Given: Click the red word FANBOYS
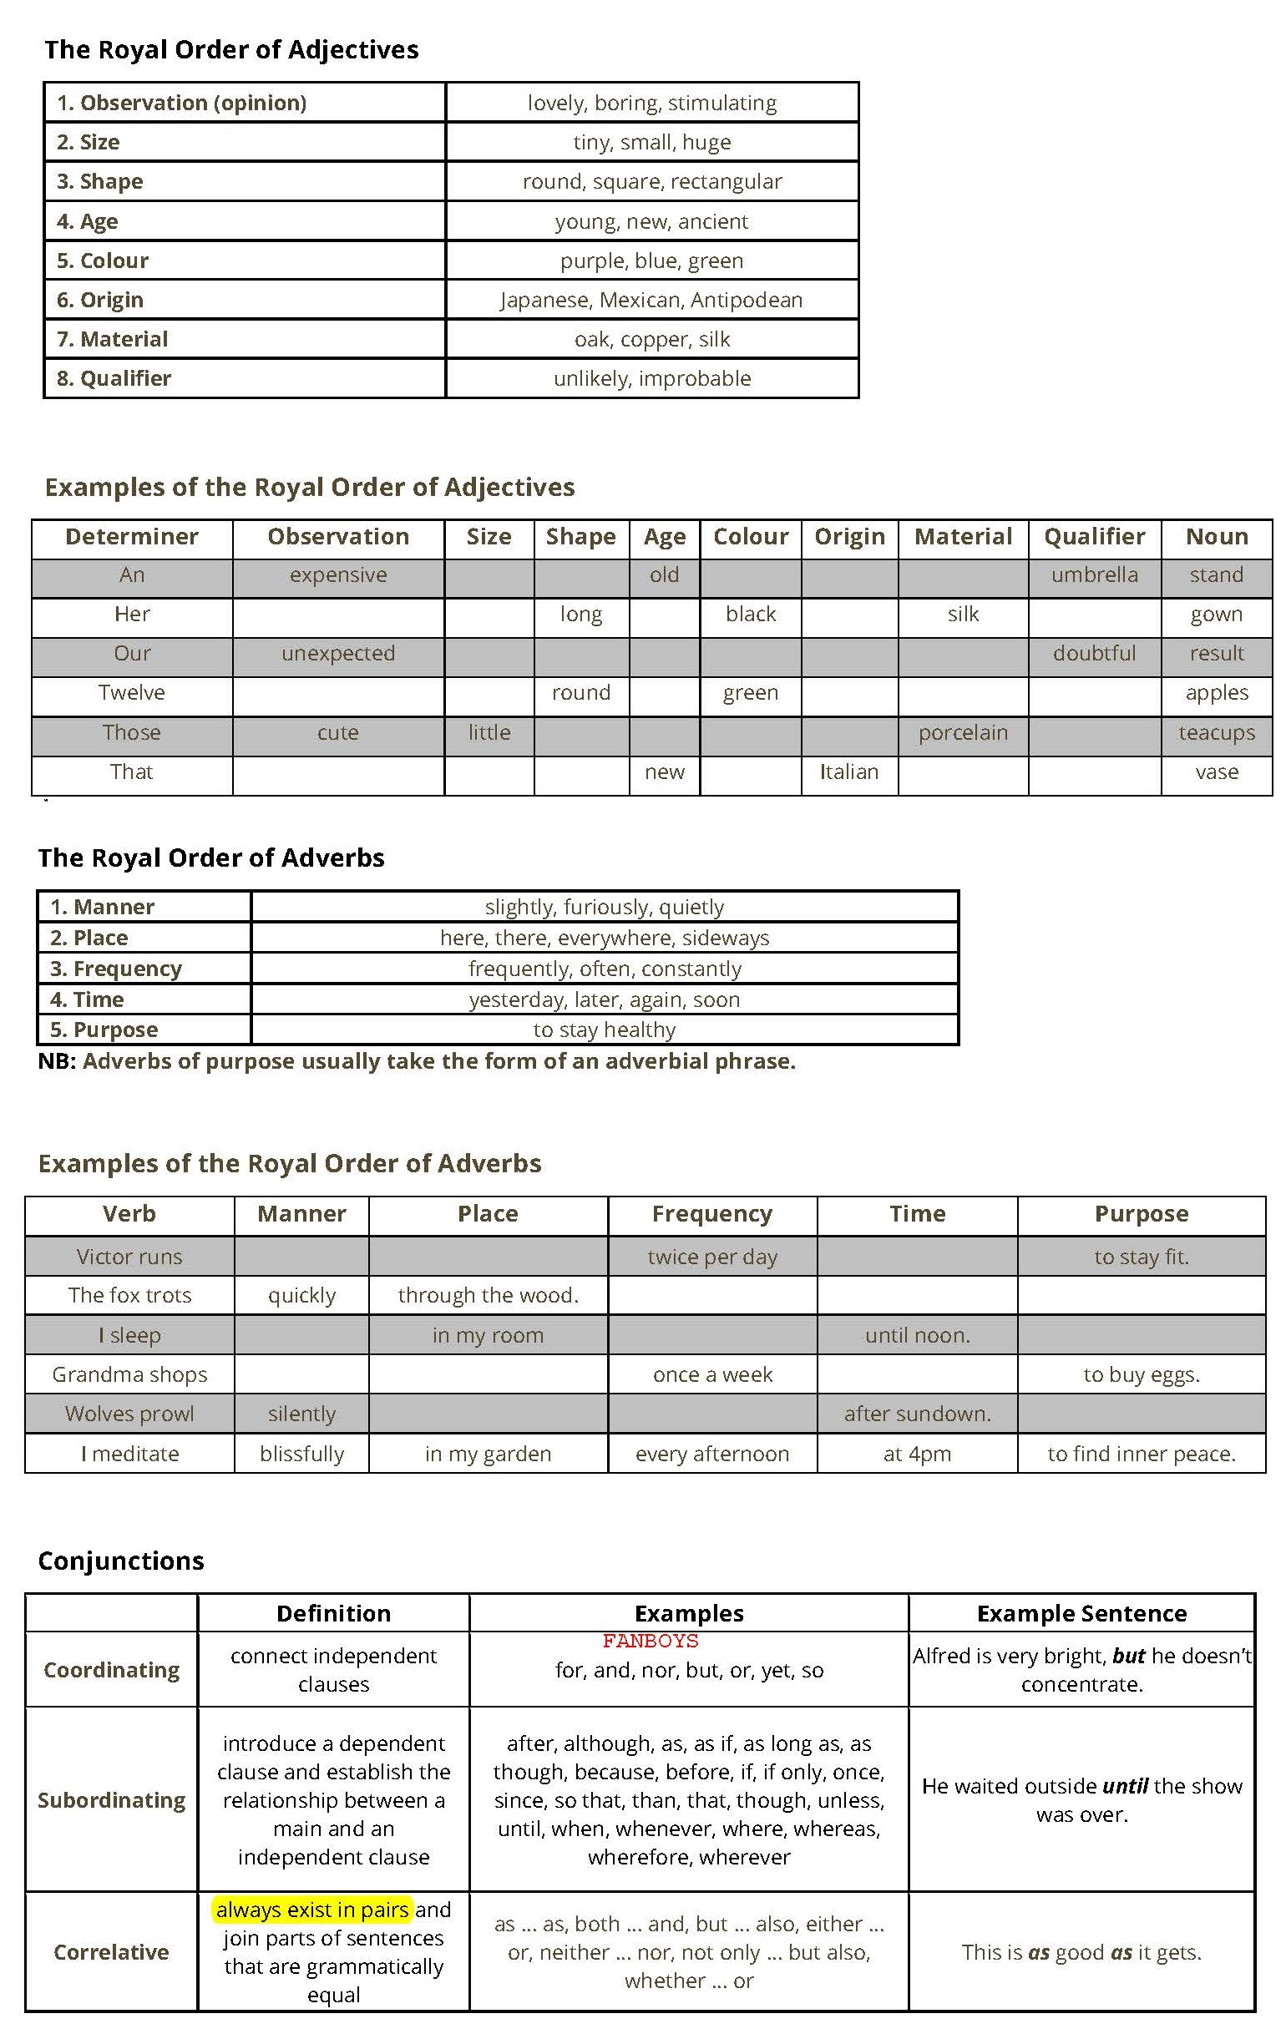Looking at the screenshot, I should point(651,1641).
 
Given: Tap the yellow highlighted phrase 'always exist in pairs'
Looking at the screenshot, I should point(311,1909).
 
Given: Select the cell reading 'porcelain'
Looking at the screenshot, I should point(963,732).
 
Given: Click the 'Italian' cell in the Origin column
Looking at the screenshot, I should point(849,772).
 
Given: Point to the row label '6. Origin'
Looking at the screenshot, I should point(100,300).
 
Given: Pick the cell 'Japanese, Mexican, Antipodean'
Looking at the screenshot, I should point(651,300).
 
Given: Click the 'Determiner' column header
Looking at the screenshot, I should point(132,536).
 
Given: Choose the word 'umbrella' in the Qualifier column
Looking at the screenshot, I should point(1094,574).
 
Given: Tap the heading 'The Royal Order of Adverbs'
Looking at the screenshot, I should point(210,858).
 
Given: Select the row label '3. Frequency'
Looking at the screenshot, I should point(115,969).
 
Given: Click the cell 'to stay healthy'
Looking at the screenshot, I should point(605,1030).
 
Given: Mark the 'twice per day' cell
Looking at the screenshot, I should point(712,1257).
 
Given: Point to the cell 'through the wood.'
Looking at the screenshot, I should point(488,1295).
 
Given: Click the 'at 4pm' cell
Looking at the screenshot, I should point(917,1453).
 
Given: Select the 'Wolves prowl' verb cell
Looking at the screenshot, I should point(129,1414).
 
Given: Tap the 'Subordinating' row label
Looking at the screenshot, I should point(111,1799).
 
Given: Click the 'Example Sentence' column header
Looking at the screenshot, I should point(1081,1613).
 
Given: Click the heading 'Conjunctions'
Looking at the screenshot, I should point(121,1561).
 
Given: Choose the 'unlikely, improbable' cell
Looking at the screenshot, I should point(651,378).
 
